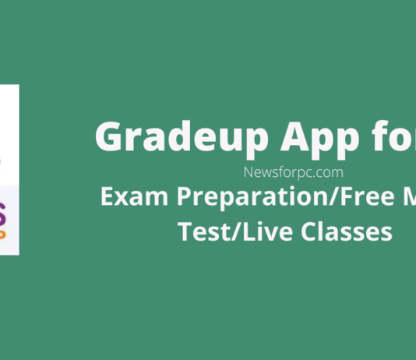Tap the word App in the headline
click(320, 139)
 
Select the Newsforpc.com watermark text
click(294, 172)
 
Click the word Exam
click(134, 196)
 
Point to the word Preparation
click(252, 198)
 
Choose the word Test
click(204, 231)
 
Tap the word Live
click(267, 231)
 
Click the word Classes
click(347, 231)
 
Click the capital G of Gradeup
click(109, 136)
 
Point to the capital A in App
click(294, 136)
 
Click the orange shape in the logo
click(2, 235)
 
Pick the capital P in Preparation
click(184, 196)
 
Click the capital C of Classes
click(308, 231)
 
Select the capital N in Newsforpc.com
click(249, 172)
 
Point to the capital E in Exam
click(107, 196)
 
